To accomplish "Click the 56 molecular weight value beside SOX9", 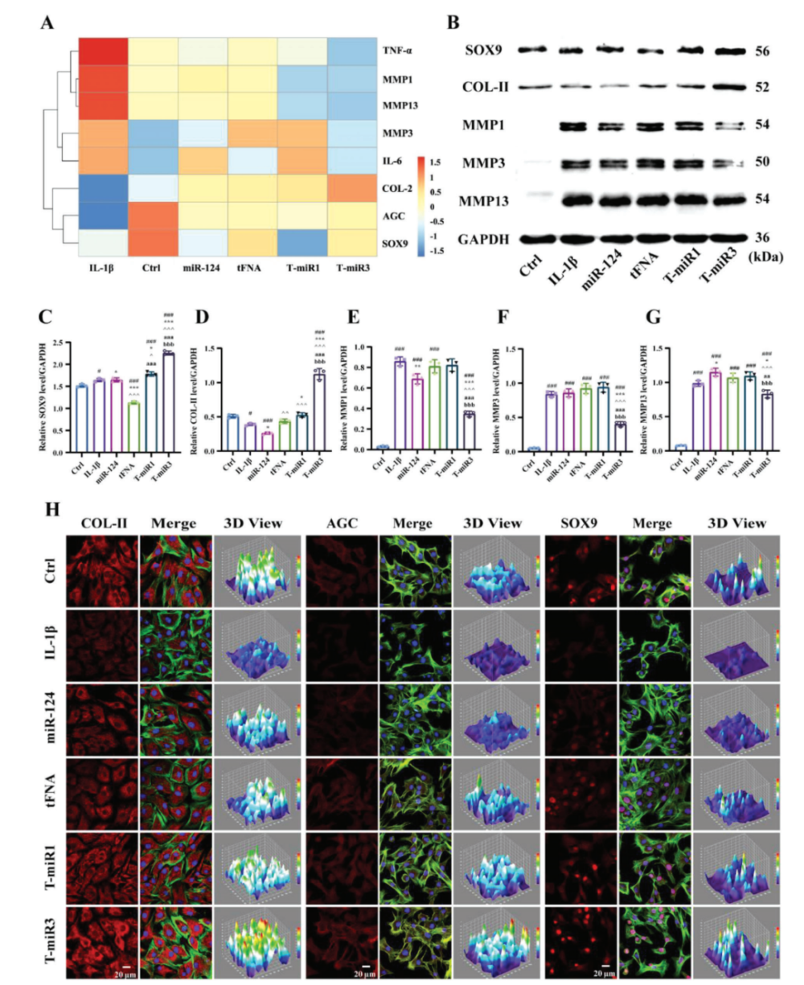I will coord(762,51).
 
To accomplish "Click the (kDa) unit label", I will coord(768,258).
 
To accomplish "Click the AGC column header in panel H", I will coord(342,523).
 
